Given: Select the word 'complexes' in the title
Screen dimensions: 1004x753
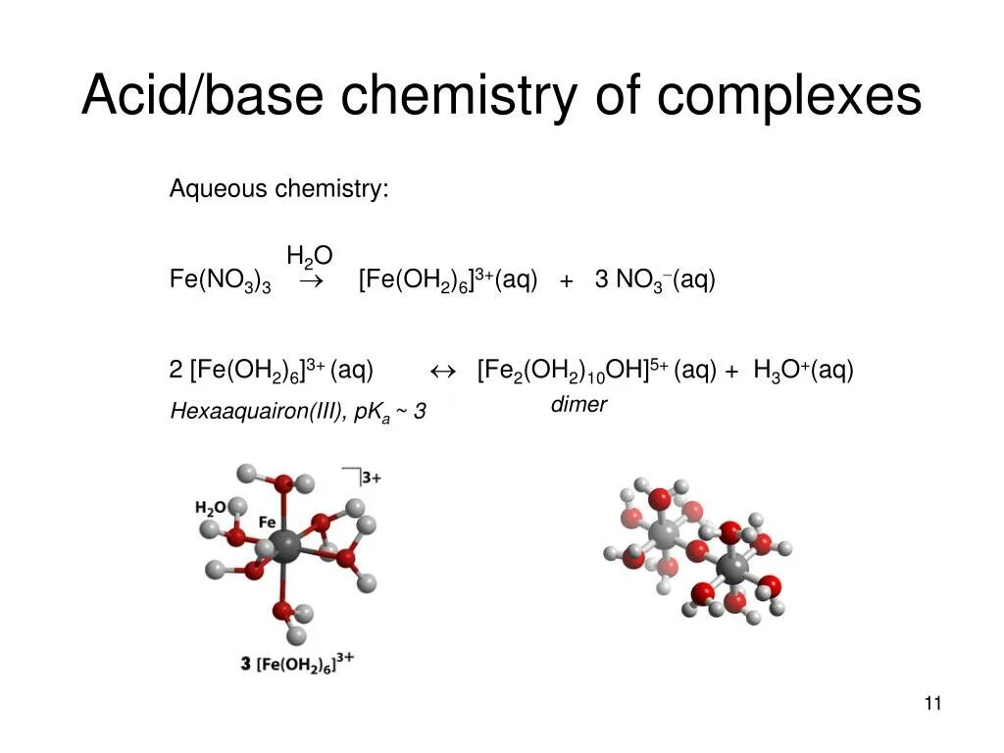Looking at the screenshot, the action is pos(789,98).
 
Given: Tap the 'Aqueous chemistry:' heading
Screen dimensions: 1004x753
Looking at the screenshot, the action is pos(278,188).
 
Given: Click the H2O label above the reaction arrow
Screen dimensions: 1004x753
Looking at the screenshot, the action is pos(309,257).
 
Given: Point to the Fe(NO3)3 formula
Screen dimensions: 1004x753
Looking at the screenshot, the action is pos(220,281).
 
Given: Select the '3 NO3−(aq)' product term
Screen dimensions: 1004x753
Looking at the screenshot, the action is pos(655,281).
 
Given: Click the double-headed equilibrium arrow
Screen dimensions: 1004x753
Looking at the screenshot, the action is pos(444,371).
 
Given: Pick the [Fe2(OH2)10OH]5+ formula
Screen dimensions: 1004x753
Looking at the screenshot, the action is pos(573,371).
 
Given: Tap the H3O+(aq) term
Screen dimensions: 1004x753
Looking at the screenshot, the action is pos(803,371).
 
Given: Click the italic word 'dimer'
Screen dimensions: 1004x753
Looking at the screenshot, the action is pos(578,404).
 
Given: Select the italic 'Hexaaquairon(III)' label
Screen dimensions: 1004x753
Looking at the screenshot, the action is pos(254,412).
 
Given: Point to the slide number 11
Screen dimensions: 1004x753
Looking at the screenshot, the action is pos(931,703).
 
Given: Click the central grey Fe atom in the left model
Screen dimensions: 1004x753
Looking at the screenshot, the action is pos(285,545).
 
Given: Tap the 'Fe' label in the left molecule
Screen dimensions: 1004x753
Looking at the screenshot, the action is pos(267,523).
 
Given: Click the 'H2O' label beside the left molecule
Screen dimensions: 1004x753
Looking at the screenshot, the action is pos(210,508).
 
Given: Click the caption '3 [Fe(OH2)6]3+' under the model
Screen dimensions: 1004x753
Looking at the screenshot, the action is pos(297,663).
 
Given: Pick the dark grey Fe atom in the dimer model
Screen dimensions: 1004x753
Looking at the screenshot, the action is pos(730,567).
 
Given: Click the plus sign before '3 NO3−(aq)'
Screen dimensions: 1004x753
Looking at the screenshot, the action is pos(567,282).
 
